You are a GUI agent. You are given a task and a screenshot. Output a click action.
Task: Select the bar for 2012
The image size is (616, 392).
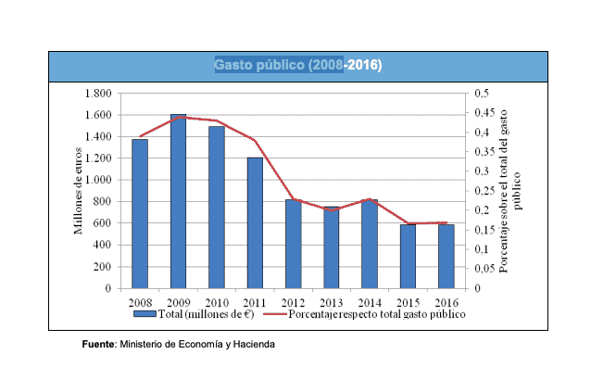point(293,244)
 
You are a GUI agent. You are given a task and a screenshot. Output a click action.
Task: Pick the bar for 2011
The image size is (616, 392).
point(255,222)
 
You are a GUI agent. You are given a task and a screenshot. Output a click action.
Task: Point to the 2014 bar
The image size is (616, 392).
point(370,244)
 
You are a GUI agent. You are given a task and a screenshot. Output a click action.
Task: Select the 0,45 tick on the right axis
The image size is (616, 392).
point(484,113)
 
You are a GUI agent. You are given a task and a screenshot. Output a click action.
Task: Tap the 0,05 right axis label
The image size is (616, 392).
point(484,269)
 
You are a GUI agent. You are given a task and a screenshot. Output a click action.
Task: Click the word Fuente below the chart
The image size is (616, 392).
point(97,345)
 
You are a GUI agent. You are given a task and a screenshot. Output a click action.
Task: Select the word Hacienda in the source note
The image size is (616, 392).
point(254,345)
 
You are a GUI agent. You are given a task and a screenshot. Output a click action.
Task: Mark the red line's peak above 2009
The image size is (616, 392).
point(178,117)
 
